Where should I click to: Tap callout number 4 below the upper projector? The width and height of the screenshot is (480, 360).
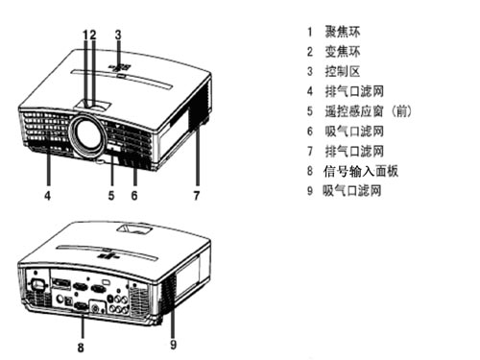(47, 195)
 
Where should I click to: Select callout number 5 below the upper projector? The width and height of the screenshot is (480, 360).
(111, 195)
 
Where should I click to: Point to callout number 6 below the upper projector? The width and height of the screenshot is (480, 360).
(134, 195)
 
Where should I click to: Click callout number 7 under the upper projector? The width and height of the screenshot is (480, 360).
(197, 195)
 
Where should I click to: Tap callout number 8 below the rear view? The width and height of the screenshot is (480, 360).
(81, 348)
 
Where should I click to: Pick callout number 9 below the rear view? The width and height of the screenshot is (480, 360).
(173, 345)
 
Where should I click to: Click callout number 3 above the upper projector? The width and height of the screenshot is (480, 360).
(118, 35)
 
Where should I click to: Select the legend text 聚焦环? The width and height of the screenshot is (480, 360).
(343, 32)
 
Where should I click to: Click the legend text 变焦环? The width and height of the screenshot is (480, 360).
(343, 52)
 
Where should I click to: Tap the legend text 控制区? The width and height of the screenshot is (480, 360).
(343, 71)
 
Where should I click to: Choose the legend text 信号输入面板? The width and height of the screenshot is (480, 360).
(361, 171)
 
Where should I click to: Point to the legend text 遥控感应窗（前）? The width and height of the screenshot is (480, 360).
(369, 111)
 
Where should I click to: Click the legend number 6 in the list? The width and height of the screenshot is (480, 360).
(310, 132)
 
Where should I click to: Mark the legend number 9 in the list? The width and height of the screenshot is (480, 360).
(310, 191)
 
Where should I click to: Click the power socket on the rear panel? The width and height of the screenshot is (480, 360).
(36, 285)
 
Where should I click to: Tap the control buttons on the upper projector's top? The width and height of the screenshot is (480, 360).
(120, 68)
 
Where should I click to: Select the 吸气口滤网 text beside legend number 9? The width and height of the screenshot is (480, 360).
(352, 191)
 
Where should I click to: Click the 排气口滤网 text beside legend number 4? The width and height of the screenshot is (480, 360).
(354, 91)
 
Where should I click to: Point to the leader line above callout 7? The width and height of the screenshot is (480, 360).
(198, 156)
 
